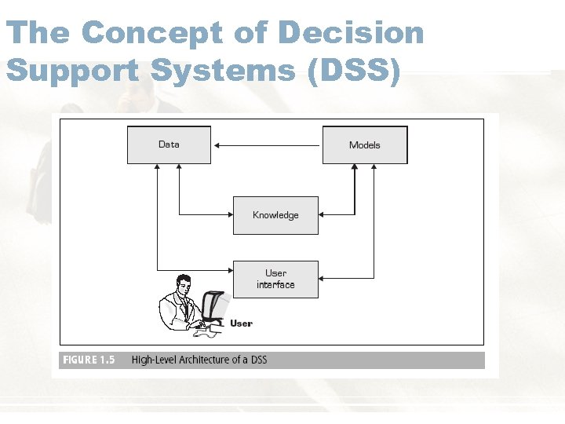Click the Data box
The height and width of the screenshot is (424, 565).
click(169, 144)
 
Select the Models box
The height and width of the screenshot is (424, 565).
click(365, 145)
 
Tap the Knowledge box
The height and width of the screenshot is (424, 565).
click(275, 215)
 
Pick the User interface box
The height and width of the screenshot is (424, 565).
click(275, 279)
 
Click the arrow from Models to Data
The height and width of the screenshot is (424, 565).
click(267, 144)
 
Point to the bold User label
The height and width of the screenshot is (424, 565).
click(241, 323)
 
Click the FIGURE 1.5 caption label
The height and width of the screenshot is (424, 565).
click(89, 360)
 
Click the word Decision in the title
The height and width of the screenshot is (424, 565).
click(351, 33)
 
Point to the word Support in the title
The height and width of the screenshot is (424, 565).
click(73, 71)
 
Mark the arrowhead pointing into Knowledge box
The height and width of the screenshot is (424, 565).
click(323, 214)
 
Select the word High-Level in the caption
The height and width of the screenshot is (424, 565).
click(154, 360)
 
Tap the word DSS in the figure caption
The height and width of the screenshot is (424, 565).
click(258, 360)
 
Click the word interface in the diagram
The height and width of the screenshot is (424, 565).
click(275, 285)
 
